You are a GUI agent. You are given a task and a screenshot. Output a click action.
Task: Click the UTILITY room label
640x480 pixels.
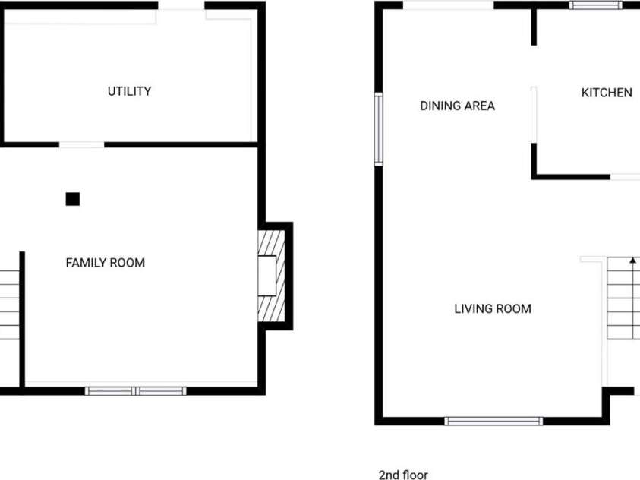[129, 91]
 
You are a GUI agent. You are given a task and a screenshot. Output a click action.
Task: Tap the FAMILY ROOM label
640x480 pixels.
[106, 263]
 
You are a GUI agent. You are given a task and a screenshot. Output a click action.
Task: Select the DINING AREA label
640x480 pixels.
[458, 106]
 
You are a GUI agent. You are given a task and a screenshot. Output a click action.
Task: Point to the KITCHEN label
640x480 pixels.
[607, 93]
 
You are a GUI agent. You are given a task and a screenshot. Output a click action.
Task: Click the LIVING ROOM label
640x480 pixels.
[493, 308]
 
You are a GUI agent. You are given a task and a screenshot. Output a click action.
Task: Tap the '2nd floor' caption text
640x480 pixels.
[403, 475]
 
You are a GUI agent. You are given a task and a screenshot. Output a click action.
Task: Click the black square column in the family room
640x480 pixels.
[73, 199]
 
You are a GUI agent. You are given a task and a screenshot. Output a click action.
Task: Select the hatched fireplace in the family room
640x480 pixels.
[272, 276]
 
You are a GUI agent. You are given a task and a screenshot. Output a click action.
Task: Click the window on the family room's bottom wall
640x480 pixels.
[135, 391]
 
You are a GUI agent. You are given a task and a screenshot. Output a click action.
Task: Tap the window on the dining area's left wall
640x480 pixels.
[379, 129]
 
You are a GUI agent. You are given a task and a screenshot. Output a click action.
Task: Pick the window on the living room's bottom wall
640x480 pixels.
[494, 422]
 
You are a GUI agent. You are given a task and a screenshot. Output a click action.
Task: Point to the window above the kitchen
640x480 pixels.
[596, 5]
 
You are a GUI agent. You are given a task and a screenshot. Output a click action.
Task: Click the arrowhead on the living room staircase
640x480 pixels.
[633, 261]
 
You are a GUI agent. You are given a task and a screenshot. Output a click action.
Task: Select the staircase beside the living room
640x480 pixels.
[623, 298]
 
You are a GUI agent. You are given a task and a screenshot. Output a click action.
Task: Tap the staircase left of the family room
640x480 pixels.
[9, 305]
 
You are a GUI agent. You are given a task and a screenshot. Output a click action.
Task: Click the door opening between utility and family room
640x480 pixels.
[82, 145]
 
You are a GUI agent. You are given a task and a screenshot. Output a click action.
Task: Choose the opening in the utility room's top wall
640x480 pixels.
[181, 5]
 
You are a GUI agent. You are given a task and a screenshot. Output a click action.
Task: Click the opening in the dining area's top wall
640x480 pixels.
[449, 5]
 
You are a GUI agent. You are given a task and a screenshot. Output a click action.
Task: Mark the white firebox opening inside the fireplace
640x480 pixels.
[267, 276]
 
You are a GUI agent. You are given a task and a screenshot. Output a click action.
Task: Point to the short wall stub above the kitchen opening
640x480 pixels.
[534, 27]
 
